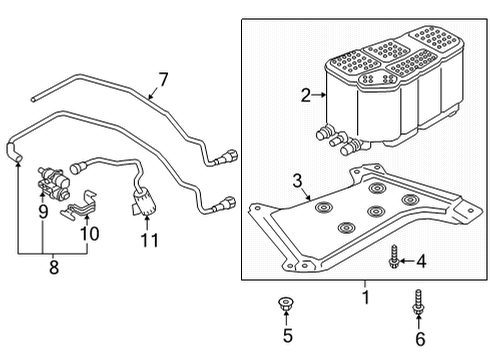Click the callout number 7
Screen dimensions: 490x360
(x=163, y=80)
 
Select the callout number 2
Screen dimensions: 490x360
(x=306, y=95)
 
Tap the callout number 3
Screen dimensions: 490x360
(x=297, y=181)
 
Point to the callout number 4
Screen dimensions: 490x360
(x=421, y=261)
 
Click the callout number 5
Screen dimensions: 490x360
(x=288, y=335)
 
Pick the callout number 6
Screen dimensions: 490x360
(x=420, y=339)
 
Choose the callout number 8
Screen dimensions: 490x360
(x=54, y=267)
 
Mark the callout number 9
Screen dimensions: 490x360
(x=43, y=212)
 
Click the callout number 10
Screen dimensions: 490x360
(x=90, y=234)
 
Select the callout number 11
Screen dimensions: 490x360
(x=150, y=240)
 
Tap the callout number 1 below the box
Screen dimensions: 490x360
(x=366, y=297)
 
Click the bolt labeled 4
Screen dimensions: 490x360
(x=394, y=256)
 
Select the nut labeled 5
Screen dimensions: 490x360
(x=285, y=304)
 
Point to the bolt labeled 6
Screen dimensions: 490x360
(x=418, y=302)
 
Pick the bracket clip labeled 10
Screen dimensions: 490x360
(x=79, y=206)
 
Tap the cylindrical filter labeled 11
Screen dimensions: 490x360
(x=145, y=202)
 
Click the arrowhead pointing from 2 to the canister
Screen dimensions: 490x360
(x=324, y=95)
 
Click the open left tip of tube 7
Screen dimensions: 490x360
(x=33, y=99)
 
